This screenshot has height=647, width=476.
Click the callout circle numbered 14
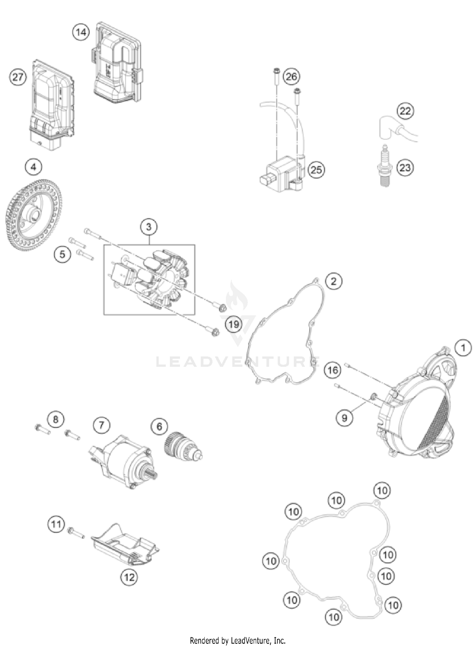tap(81, 32)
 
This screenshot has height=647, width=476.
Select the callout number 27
tap(18, 77)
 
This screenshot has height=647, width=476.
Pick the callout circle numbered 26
tap(291, 76)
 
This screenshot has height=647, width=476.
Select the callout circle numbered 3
tap(149, 227)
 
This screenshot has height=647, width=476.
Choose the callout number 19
tap(234, 324)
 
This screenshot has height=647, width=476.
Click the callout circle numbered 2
tap(334, 281)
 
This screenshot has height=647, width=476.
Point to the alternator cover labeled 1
tap(419, 409)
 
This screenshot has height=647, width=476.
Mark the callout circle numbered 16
tap(333, 370)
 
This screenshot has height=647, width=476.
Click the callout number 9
tap(345, 418)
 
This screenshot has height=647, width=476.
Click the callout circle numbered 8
tap(56, 420)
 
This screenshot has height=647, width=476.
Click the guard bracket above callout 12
tap(125, 546)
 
